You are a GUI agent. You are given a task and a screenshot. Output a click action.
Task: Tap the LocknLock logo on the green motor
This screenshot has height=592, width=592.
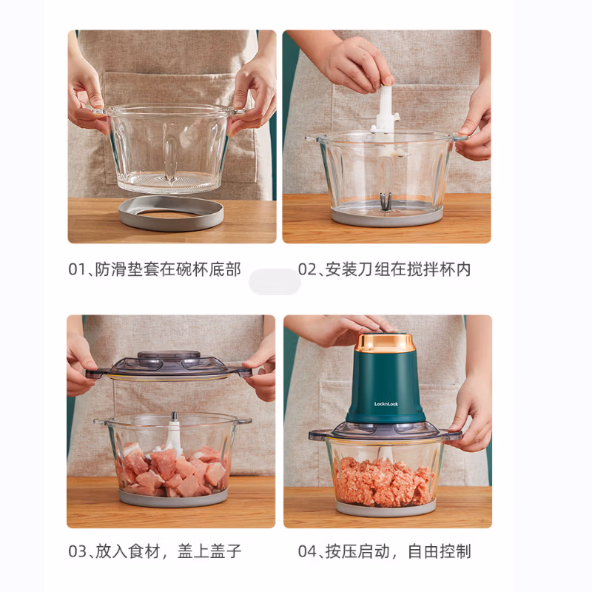coord(386,404)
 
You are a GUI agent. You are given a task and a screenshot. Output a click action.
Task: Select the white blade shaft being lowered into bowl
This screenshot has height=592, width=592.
coord(386,113)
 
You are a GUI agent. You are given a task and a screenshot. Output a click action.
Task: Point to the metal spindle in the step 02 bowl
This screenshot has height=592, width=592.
coord(386,202)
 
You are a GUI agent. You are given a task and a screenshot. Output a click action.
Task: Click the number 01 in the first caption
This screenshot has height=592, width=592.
coord(78,269)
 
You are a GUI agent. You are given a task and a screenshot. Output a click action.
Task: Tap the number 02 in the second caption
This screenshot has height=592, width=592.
coord(307,269)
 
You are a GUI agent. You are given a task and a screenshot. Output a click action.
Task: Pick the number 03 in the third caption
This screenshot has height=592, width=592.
coord(78,551)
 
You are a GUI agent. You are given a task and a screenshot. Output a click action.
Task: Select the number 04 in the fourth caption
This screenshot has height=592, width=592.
coord(307,551)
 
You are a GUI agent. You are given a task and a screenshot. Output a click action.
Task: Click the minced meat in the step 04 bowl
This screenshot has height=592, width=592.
coord(385,482)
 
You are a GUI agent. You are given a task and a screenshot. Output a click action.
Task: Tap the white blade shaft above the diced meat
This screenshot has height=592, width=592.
coord(173,434)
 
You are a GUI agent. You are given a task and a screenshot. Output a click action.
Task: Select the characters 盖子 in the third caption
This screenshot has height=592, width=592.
coord(226,551)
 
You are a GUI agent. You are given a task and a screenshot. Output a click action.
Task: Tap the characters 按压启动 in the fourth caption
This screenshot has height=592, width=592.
coord(357,551)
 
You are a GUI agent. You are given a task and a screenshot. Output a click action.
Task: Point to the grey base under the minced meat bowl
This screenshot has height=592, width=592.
coord(385,509)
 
